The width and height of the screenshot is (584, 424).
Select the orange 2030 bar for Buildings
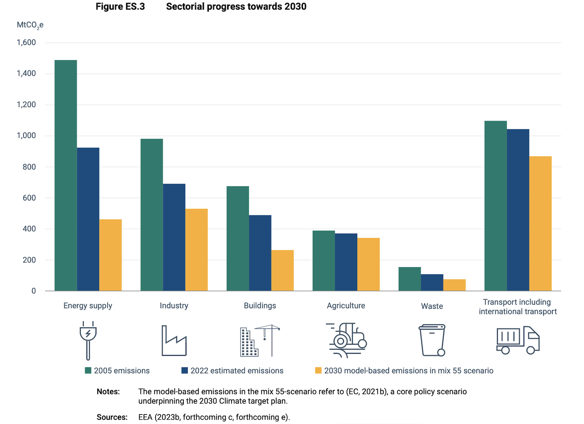click(282, 270)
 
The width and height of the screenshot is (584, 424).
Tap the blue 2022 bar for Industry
click(174, 237)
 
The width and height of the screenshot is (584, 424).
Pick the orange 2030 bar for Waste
click(454, 285)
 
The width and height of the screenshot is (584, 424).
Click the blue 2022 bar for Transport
click(518, 210)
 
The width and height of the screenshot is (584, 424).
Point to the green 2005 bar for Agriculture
click(324, 261)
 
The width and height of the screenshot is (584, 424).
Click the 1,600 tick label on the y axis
click(26, 43)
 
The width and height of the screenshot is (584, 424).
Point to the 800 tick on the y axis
click(29, 167)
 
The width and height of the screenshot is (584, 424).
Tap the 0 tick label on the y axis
click(33, 291)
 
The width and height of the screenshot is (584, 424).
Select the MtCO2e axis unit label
click(30, 25)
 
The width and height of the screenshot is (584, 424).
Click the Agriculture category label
click(346, 306)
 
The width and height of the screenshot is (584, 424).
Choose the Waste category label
click(432, 306)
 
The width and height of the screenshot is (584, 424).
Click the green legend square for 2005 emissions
click(88, 370)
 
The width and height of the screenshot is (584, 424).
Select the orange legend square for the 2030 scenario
click(318, 370)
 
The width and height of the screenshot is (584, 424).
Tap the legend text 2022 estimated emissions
click(237, 371)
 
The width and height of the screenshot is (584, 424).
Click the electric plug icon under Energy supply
click(88, 340)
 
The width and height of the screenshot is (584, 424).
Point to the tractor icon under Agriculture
click(347, 340)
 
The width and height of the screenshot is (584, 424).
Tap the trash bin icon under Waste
click(432, 340)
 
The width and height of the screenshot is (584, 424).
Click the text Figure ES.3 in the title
click(120, 7)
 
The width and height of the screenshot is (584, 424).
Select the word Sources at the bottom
click(112, 417)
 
